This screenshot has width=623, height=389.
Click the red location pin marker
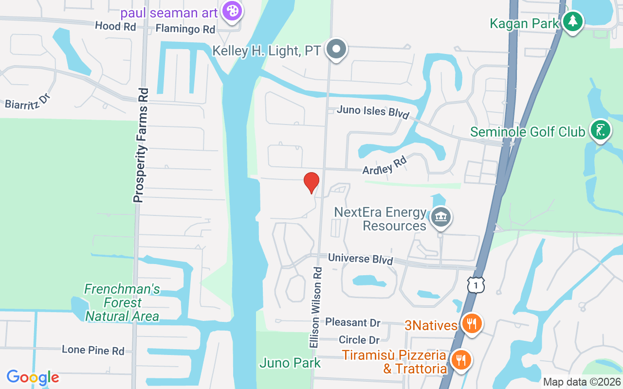(311, 182)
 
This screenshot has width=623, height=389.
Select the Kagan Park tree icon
(573, 21)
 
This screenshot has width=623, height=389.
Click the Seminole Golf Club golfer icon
(601, 130)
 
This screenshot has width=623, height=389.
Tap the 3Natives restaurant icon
(471, 323)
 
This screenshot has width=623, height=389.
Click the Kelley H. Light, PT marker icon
(336, 49)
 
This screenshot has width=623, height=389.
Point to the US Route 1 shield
(476, 285)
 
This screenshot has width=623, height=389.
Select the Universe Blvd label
(360, 259)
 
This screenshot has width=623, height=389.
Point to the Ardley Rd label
(385, 165)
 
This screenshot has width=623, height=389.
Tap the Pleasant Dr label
(352, 322)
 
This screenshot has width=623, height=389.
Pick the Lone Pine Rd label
(92, 350)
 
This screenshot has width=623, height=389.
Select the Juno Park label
(290, 363)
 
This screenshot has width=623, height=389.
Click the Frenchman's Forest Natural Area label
(122, 303)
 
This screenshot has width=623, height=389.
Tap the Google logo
(33, 377)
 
